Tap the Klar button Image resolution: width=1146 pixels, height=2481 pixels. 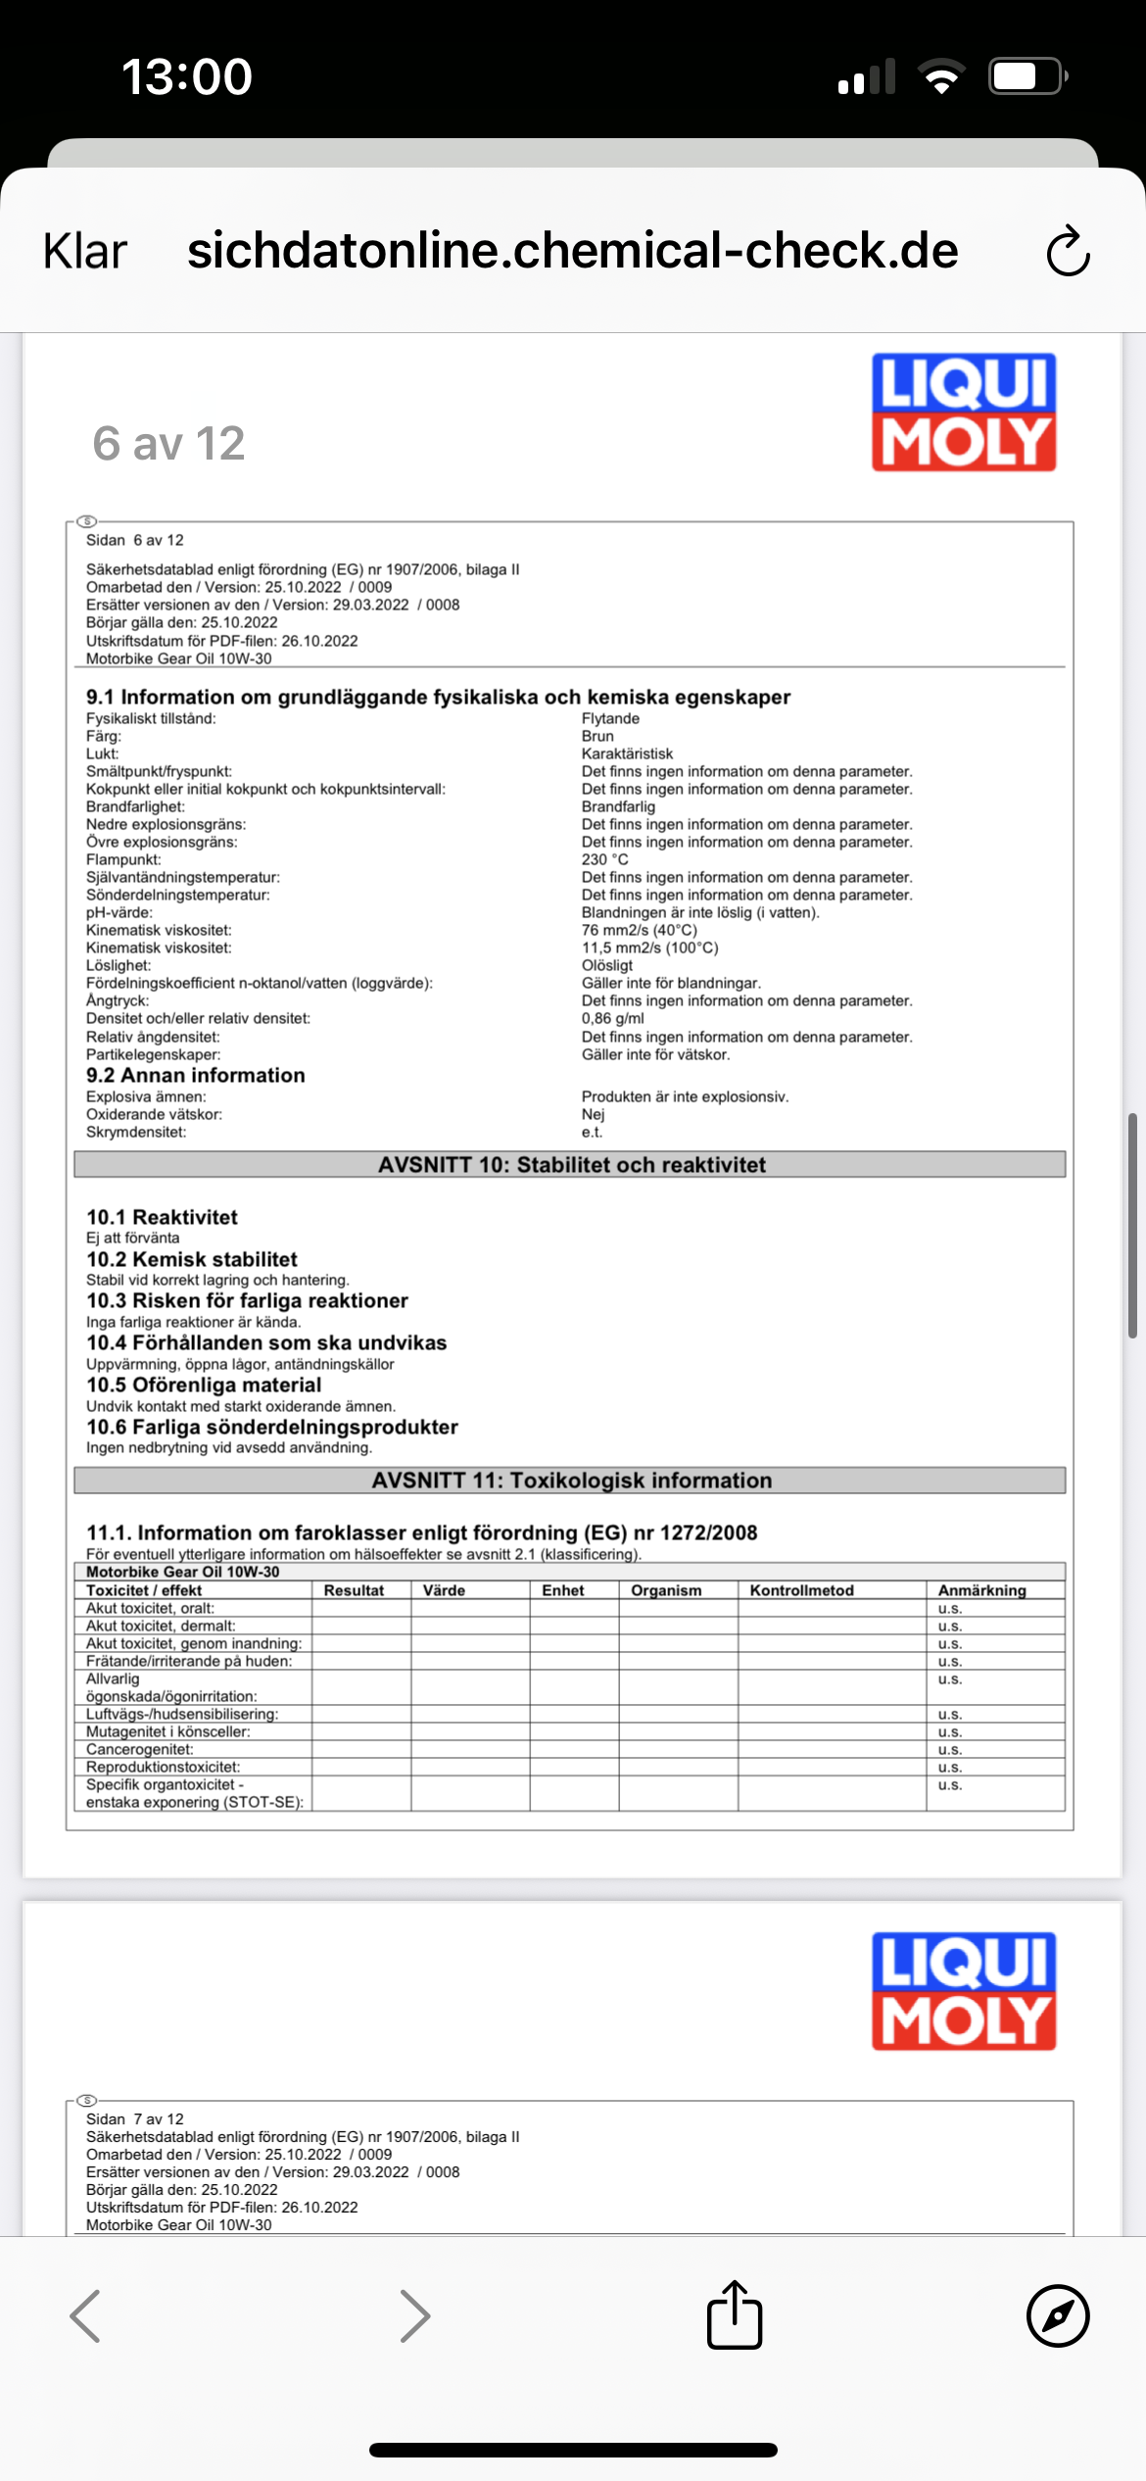85,252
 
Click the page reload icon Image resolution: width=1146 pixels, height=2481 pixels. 1068,252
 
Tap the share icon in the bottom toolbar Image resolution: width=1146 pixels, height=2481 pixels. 735,2315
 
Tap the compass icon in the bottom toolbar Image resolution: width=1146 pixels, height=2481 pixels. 1058,2315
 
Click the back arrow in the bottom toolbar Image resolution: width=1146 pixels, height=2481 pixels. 85,2315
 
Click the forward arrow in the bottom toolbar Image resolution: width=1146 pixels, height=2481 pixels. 415,2315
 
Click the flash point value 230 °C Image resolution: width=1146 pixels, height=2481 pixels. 605,859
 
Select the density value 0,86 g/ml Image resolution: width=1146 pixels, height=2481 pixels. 613,1018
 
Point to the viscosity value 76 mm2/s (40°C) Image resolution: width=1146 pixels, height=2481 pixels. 640,930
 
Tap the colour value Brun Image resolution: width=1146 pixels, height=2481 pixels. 597,736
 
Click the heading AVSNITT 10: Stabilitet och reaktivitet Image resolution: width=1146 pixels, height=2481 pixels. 572,1164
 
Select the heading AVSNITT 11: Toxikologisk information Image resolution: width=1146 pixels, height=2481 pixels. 572,1480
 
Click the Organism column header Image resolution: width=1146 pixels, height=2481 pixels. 666,1590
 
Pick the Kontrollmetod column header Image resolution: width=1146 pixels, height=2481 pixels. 802,1590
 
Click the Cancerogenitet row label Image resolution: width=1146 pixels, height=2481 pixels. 140,1749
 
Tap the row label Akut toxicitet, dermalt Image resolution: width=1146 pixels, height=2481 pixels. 161,1626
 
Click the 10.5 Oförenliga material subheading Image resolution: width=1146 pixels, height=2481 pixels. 204,1385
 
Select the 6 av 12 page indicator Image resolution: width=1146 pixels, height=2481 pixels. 168,443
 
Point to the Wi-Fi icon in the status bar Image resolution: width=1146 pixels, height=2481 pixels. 941,75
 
